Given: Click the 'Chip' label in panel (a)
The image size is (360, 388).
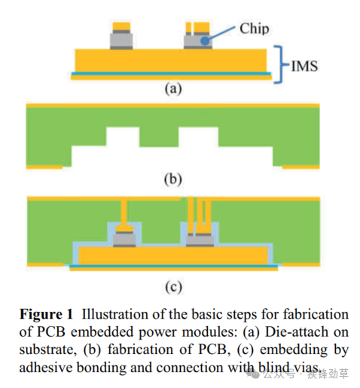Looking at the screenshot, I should click(255, 29).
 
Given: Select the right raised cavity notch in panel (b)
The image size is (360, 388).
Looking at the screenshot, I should click(198, 136).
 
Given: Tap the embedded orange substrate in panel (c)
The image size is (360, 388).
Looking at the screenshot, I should click(173, 255).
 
